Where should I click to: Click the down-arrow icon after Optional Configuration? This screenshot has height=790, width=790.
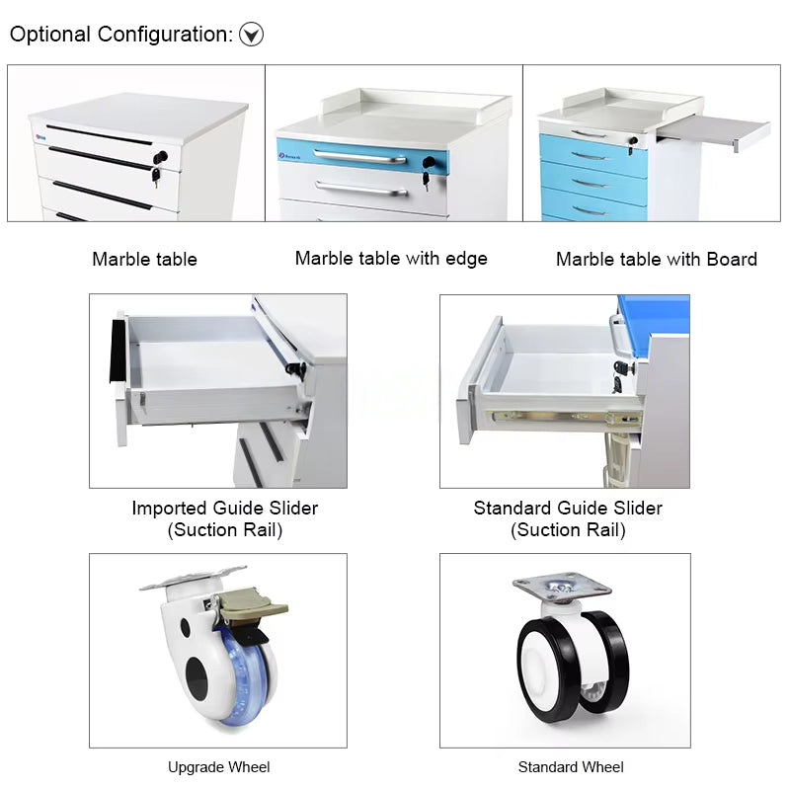(253, 36)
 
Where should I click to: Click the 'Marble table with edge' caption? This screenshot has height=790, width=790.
(391, 259)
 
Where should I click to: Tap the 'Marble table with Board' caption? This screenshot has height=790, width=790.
(656, 260)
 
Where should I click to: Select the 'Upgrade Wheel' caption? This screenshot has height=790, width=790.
(218, 767)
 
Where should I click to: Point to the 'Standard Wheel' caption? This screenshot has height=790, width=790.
(571, 767)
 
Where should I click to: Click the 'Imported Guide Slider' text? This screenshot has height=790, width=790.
(225, 509)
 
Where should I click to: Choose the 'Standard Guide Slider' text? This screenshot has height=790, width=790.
(568, 509)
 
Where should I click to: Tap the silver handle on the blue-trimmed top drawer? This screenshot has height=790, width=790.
(359, 156)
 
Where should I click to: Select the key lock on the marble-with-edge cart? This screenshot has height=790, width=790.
(428, 164)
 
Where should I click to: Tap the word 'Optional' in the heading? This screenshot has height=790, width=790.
(50, 35)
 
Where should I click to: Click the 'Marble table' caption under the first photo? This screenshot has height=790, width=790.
(144, 260)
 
